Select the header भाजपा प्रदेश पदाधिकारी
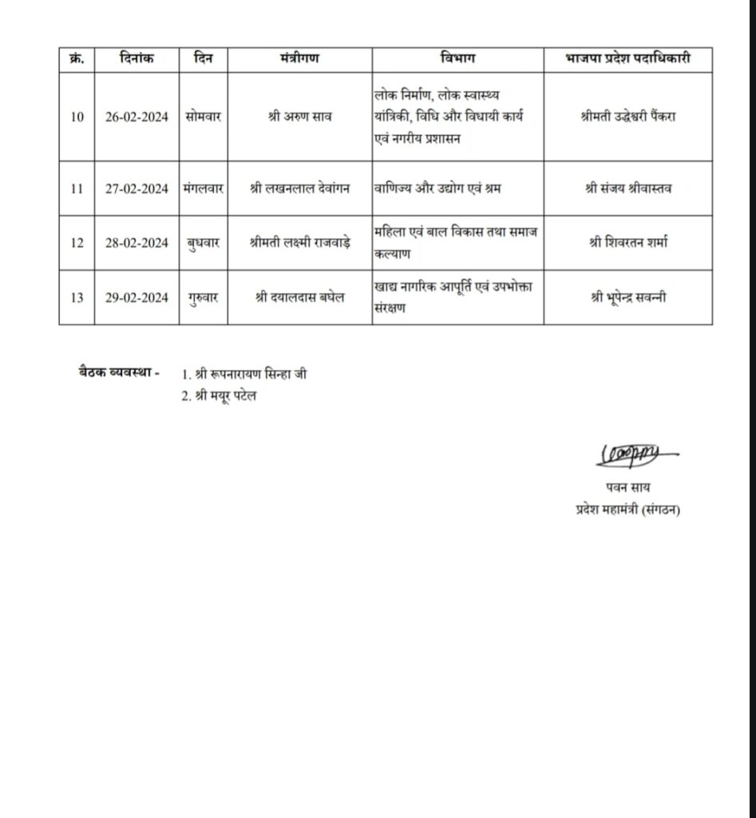coord(627,58)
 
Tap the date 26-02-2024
coord(137,117)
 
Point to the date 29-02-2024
coord(137,298)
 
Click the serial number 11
coord(77,189)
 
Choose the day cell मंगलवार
coord(203,189)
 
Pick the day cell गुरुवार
coord(203,298)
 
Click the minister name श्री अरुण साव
coord(300,117)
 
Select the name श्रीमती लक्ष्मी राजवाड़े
coord(300,243)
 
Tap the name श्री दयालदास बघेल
coord(300,298)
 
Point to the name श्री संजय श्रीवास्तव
coord(627,189)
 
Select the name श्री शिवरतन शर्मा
coord(627,243)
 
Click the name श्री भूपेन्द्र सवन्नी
coord(627,298)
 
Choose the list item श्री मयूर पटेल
coord(221,397)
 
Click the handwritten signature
coord(633,455)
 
